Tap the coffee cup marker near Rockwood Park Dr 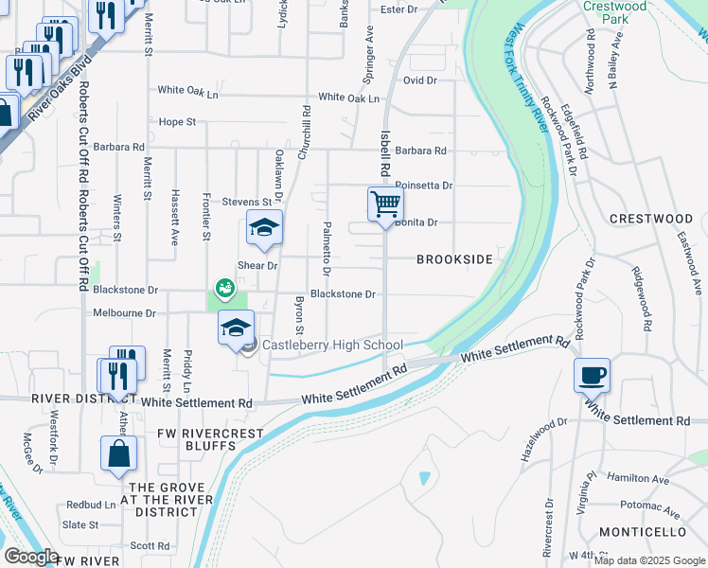coord(592,375)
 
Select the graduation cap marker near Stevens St coord(265,228)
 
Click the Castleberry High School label coord(332,346)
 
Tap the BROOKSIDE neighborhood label coord(455,259)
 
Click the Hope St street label coord(177,122)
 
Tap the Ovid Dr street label coord(419,80)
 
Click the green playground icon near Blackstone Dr coord(224,286)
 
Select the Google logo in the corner coord(31,557)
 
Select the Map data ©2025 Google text coord(649,560)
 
